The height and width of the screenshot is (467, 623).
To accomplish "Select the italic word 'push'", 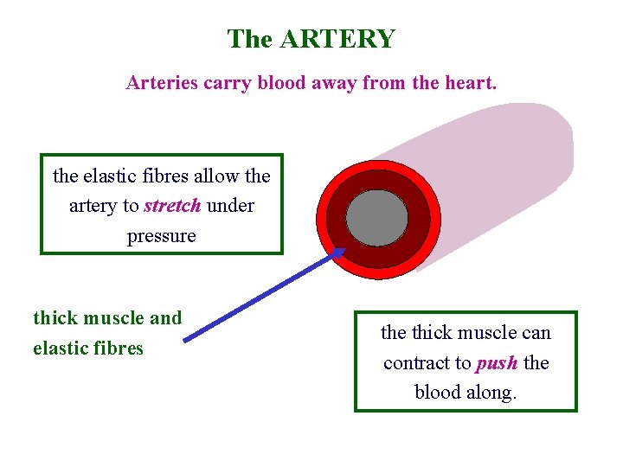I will click(497, 362).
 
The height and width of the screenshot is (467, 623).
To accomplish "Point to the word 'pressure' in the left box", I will click(162, 235).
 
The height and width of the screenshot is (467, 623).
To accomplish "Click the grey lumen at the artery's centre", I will click(376, 217).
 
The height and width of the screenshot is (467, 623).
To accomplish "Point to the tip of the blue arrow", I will click(344, 250).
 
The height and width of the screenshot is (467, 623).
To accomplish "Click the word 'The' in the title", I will click(250, 39).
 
